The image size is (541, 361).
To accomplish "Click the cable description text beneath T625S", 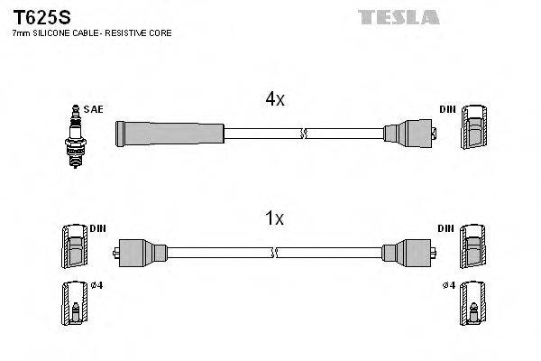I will tap(91, 33).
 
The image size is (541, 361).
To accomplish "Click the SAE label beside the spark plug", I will tap(93, 109).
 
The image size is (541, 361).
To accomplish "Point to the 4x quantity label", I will tap(274, 100).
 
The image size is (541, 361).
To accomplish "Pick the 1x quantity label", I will tap(274, 218).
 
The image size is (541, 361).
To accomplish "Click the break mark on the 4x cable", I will tap(304, 134).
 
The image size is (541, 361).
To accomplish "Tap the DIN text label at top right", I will tap(447, 109).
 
